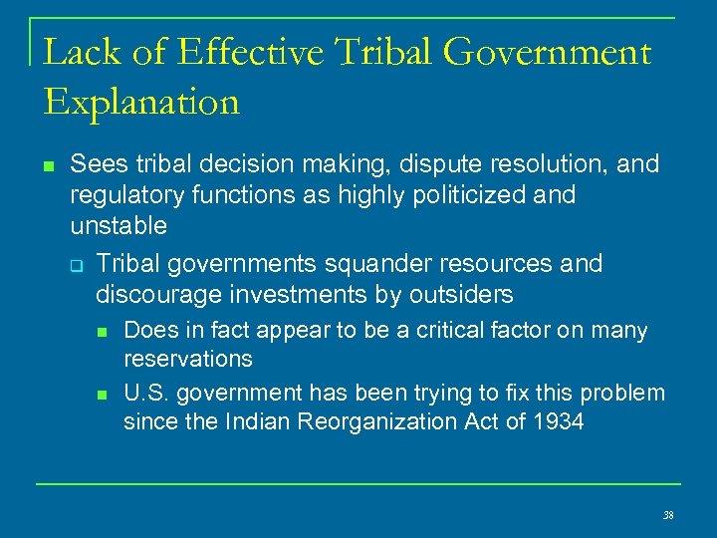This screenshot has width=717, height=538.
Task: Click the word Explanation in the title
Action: (x=141, y=101)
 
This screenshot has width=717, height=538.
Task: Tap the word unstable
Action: (x=119, y=225)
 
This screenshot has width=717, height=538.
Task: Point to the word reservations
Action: (x=187, y=358)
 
